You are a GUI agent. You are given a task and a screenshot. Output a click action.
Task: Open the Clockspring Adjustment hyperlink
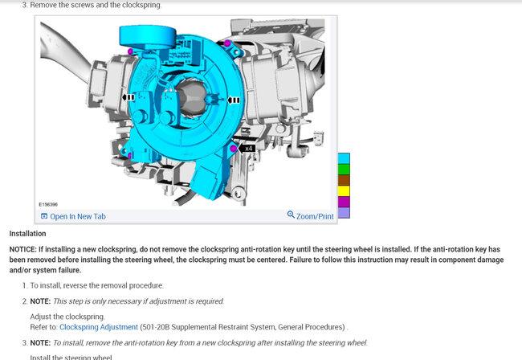point(99,327)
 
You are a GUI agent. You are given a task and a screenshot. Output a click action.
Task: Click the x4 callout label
point(248,149)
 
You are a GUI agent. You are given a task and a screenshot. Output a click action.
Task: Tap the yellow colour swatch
point(344,190)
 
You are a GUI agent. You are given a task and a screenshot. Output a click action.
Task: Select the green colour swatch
point(344,170)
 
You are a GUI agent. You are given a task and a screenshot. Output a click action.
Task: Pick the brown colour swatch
point(344,180)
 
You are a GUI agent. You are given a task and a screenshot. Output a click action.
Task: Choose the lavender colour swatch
point(344,213)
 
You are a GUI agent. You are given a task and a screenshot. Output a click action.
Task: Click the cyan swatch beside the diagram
point(344,158)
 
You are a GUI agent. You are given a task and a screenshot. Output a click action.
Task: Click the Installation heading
point(27,234)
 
